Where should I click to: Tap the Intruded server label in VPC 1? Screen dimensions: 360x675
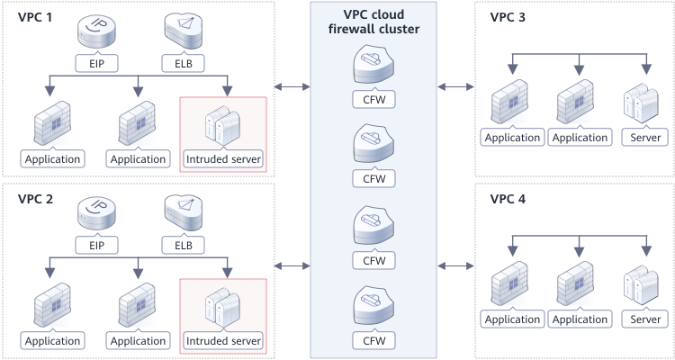[223, 159]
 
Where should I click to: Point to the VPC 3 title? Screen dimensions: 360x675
[508, 18]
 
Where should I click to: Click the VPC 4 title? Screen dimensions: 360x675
[508, 199]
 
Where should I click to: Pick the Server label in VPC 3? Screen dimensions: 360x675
[645, 138]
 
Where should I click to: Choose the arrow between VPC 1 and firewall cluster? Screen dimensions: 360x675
[292, 86]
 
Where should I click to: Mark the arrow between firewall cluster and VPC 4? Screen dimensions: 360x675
[455, 266]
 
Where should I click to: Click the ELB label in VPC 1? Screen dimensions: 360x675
[182, 65]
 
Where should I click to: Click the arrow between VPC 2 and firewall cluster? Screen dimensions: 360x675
[292, 266]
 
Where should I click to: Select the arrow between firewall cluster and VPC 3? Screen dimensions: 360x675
[455, 86]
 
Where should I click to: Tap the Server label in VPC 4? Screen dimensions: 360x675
[645, 319]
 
